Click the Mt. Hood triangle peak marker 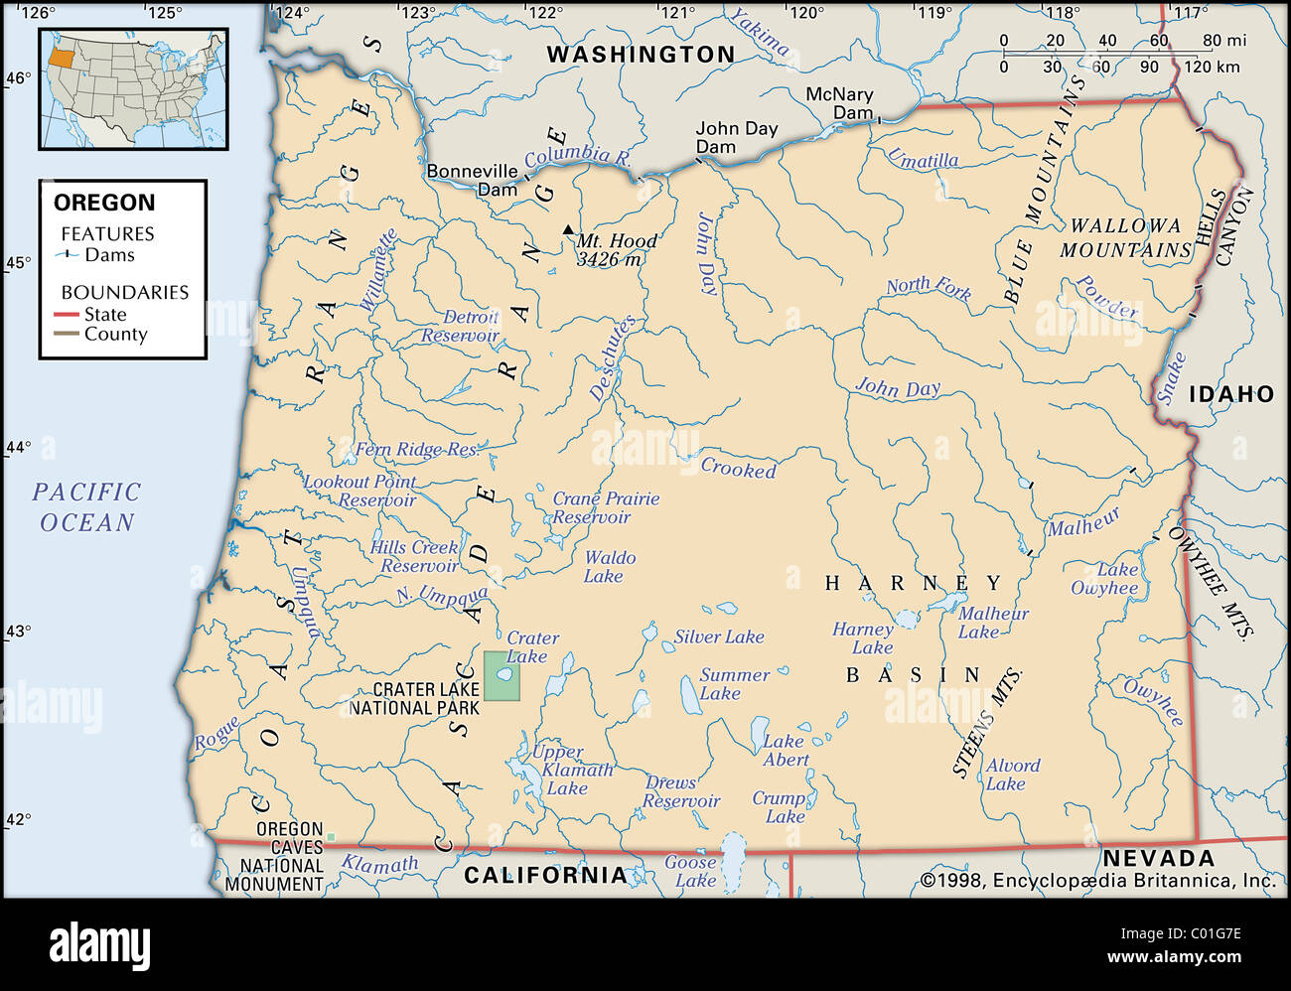coord(568,229)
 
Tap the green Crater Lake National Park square coord(502,676)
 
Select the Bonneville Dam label coord(473,180)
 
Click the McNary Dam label coord(839,103)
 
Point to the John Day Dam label coord(736,137)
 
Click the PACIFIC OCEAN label coord(86,506)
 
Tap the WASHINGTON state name coord(641,55)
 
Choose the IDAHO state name coord(1230,394)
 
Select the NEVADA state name coord(1158,858)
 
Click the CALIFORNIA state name coord(545,875)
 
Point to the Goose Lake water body coord(733,853)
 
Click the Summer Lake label coord(734,683)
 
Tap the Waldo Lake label coord(609,567)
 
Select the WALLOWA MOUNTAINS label coord(1124,238)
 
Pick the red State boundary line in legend coord(67,315)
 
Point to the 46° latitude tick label coord(19,78)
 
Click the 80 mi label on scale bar coord(1223,41)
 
